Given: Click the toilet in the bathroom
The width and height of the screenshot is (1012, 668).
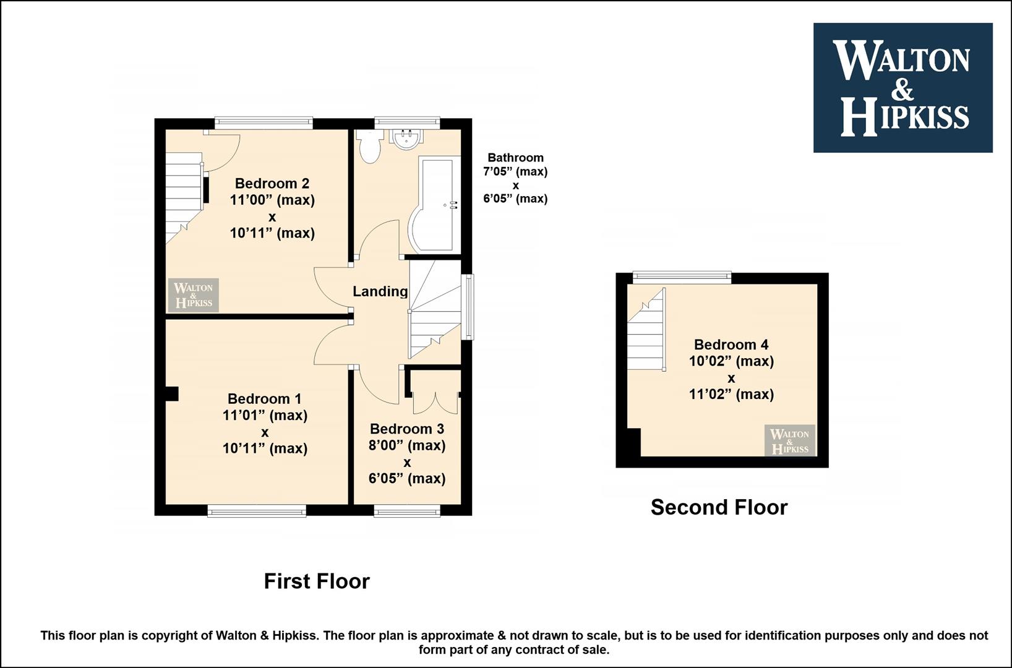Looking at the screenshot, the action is point(369,147).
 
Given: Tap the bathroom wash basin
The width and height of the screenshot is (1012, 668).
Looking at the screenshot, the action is point(407,139).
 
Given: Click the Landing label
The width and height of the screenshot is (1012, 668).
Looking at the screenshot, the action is point(380,291).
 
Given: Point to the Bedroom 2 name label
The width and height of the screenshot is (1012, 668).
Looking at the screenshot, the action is point(272,183).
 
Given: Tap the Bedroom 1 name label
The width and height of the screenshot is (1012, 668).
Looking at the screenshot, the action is point(264,399).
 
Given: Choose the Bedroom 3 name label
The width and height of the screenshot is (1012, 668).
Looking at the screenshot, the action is point(407,429).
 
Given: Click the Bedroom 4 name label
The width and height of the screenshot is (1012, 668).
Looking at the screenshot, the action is point(731,345).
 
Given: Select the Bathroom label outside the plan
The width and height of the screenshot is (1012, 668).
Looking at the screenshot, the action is point(515,158).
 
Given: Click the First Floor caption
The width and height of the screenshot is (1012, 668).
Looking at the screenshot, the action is point(317,581).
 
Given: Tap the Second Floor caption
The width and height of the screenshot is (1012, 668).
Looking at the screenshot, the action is point(719,507).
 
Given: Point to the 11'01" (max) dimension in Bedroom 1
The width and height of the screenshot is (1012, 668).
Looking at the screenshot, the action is point(265,415).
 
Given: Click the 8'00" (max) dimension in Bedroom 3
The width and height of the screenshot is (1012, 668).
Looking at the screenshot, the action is point(407,445).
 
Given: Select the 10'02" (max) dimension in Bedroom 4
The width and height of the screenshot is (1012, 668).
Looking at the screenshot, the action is point(731,361).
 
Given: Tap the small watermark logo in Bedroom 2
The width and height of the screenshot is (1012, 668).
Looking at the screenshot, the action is point(194,295).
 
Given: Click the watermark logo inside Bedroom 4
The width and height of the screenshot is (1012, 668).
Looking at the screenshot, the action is point(790,440).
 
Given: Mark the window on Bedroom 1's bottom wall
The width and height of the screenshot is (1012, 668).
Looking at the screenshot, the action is point(257,510).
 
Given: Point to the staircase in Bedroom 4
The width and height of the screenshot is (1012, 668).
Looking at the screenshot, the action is point(646,329).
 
